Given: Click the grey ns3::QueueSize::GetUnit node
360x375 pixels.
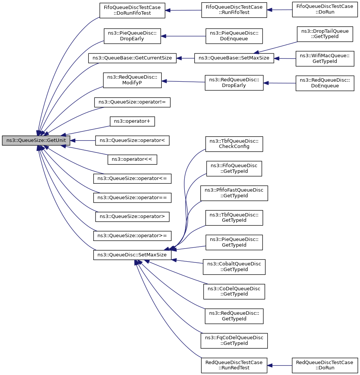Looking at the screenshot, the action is pyautogui.click(x=36, y=140).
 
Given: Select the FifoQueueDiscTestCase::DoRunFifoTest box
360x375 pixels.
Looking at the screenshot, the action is pyautogui.click(x=132, y=10).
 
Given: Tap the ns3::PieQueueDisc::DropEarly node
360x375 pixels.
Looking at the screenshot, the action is pyautogui.click(x=132, y=36).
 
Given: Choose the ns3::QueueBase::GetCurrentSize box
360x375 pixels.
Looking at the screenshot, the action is pyautogui.click(x=132, y=58).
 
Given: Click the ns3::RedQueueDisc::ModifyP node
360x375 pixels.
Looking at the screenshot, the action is pyautogui.click(x=132, y=80).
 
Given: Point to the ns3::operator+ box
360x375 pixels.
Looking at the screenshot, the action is pyautogui.click(x=132, y=121).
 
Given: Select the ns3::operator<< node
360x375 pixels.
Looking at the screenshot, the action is pyautogui.click(x=132, y=160).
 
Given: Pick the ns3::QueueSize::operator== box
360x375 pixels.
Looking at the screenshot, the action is pyautogui.click(x=132, y=198).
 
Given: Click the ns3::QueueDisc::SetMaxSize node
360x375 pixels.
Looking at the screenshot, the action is pyautogui.click(x=132, y=255).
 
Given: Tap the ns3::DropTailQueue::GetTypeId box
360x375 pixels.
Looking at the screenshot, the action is pyautogui.click(x=325, y=34).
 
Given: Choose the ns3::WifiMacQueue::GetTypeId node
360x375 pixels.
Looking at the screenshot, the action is pyautogui.click(x=325, y=59).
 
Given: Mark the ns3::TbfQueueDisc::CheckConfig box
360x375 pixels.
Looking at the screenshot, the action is pyautogui.click(x=234, y=144).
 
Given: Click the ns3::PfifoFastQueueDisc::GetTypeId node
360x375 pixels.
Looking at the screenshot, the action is pyautogui.click(x=234, y=193).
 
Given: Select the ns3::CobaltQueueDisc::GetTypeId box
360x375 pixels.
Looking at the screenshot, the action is pyautogui.click(x=234, y=267).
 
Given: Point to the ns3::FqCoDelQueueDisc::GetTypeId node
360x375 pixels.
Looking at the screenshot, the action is pyautogui.click(x=234, y=341).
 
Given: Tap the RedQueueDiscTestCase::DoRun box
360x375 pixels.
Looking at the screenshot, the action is pyautogui.click(x=325, y=365).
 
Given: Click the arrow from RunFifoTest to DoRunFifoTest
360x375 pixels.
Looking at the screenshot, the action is pyautogui.click(x=183, y=10).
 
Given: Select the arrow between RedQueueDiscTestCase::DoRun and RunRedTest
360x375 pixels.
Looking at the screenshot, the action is pyautogui.click(x=279, y=366).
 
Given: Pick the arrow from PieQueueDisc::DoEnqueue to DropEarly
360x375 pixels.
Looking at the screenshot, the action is pyautogui.click(x=183, y=36).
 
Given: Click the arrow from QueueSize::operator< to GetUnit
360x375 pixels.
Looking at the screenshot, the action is pyautogui.click(x=83, y=140).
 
